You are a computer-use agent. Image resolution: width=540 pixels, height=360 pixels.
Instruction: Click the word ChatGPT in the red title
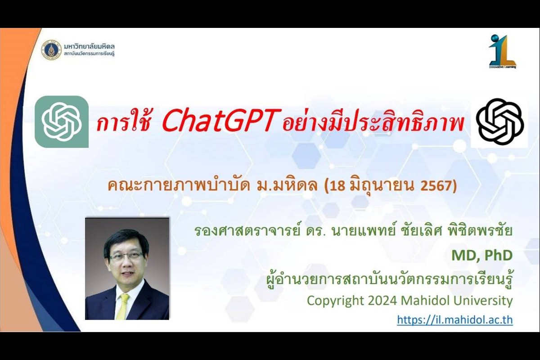pyautogui.click(x=222, y=120)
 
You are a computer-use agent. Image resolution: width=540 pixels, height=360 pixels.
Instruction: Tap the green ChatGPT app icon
pyautogui.click(x=62, y=122)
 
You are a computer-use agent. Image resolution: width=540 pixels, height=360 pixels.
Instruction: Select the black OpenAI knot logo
pyautogui.click(x=500, y=121)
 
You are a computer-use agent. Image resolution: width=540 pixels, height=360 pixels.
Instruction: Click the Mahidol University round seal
pyautogui.click(x=51, y=50)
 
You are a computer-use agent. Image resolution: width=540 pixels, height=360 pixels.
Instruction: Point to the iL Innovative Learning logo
pyautogui.click(x=502, y=52)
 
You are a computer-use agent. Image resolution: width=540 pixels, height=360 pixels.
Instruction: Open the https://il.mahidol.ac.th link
pyautogui.click(x=455, y=320)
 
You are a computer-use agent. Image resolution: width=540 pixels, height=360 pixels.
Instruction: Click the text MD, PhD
pyautogui.click(x=482, y=256)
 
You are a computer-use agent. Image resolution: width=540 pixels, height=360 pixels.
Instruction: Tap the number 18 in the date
pyautogui.click(x=338, y=186)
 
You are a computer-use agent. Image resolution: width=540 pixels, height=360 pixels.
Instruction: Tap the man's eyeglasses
pyautogui.click(x=126, y=256)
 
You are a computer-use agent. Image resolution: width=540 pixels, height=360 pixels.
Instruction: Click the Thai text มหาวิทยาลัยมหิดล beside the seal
pyautogui.click(x=89, y=46)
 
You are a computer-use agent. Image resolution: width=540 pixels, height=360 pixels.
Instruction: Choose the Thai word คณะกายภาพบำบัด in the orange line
pyautogui.click(x=178, y=186)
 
